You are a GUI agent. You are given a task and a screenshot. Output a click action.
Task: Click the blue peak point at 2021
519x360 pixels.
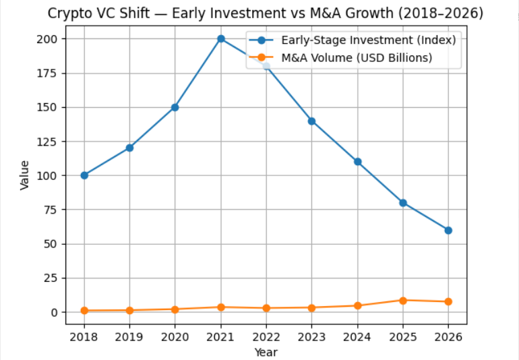[x=221, y=38]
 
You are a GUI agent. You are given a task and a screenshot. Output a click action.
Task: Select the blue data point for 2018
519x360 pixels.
[x=84, y=175]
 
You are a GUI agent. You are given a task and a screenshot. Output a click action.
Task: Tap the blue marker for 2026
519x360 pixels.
[x=448, y=230]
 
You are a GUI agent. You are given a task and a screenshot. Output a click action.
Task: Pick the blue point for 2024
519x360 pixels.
[x=357, y=162]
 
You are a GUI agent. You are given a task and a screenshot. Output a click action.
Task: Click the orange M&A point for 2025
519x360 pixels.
[x=403, y=300]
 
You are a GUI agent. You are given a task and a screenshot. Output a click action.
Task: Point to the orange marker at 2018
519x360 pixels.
[x=84, y=311]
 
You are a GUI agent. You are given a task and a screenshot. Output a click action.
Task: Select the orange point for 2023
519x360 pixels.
[x=312, y=307]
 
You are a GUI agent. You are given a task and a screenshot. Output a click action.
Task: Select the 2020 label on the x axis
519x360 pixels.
[x=175, y=337]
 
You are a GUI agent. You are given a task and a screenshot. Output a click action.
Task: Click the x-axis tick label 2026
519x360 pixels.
[x=448, y=337]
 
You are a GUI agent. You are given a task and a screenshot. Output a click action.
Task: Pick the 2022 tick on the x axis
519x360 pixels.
[x=266, y=337]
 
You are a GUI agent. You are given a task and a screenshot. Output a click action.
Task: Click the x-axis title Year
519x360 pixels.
[x=266, y=351]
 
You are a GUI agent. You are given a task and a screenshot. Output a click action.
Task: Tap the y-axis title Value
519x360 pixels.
[x=25, y=175]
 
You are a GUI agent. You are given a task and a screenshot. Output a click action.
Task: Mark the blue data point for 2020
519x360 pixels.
[x=175, y=107]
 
